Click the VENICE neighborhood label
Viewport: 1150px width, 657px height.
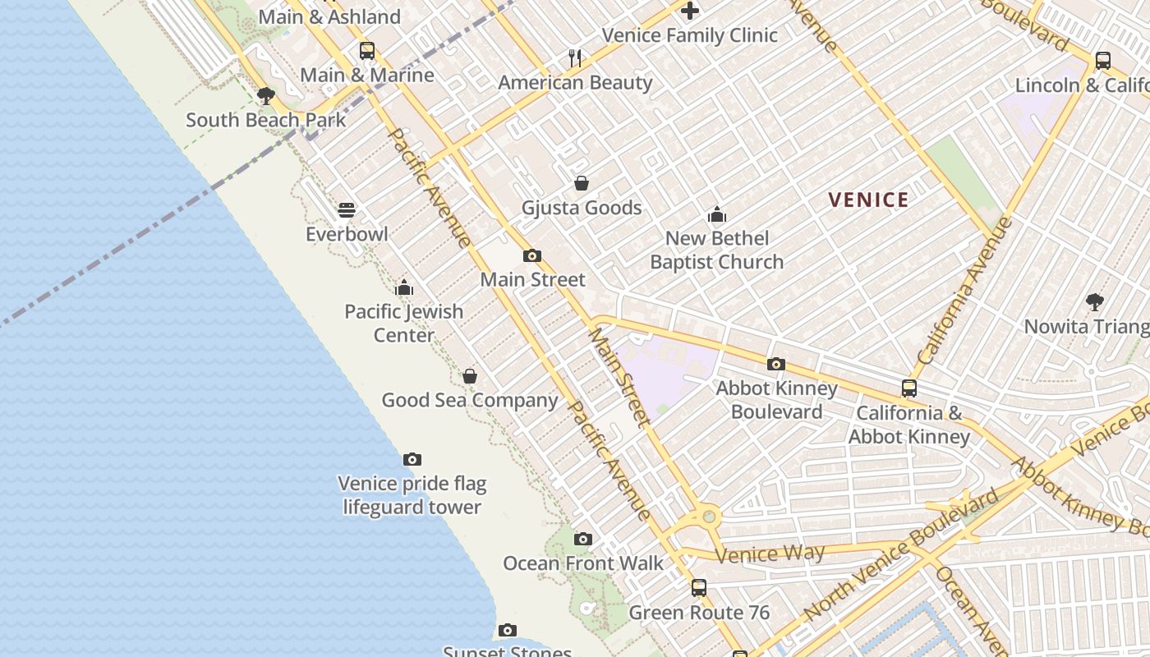(x=868, y=200)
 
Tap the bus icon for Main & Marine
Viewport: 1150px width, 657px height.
(x=367, y=51)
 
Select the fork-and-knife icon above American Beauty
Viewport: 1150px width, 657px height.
(x=575, y=58)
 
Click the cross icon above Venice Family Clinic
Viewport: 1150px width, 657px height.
(x=690, y=11)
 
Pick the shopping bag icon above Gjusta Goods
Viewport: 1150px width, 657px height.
(x=582, y=183)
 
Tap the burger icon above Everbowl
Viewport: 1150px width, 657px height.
(x=347, y=210)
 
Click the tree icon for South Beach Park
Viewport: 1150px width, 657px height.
(x=265, y=96)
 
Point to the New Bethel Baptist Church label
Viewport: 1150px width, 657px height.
(x=717, y=250)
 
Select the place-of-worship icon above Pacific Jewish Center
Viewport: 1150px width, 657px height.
(x=403, y=287)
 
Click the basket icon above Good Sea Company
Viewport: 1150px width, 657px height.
(x=470, y=376)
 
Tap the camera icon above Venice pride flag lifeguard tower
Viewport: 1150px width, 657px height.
(x=412, y=460)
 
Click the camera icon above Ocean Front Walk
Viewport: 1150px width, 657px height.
(x=582, y=540)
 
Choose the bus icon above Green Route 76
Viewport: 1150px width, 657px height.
(x=698, y=588)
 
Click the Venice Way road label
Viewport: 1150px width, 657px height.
(x=770, y=554)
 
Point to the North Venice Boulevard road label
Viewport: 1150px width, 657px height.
(x=902, y=555)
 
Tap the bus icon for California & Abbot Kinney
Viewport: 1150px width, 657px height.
(x=909, y=388)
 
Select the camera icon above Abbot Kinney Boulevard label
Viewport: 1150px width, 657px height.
(x=776, y=364)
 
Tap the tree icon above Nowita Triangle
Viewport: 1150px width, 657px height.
(x=1094, y=302)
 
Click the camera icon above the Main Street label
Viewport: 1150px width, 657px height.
(x=532, y=255)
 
